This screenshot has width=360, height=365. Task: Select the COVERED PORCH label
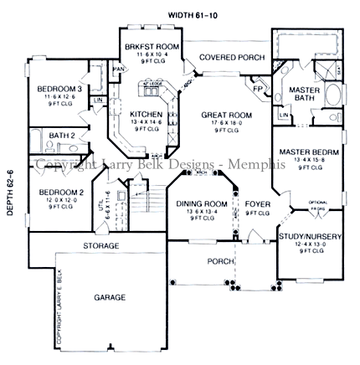point(224,57)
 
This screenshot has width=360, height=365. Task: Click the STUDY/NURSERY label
point(310,237)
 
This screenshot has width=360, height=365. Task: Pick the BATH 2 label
point(61,135)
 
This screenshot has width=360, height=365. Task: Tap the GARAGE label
point(110,297)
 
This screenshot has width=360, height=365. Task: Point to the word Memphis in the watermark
point(260,165)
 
